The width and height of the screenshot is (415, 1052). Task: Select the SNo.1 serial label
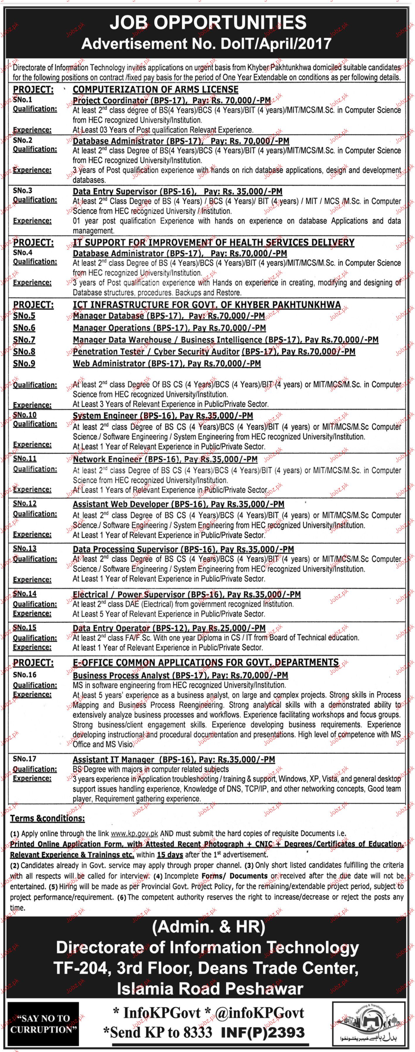(x=23, y=99)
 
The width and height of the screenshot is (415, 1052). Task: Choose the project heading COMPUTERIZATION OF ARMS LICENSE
(x=155, y=90)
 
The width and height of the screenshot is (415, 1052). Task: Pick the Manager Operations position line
(x=169, y=328)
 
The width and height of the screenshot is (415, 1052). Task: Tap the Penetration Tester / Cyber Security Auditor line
(x=214, y=352)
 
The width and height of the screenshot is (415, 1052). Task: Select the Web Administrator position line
(x=167, y=364)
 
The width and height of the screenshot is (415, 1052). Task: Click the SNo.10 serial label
(x=25, y=415)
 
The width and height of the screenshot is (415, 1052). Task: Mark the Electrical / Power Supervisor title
(x=187, y=594)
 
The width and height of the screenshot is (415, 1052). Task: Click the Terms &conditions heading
(x=47, y=818)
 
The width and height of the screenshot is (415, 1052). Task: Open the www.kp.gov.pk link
(x=134, y=834)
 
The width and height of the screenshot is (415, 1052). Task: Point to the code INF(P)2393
(x=263, y=1032)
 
